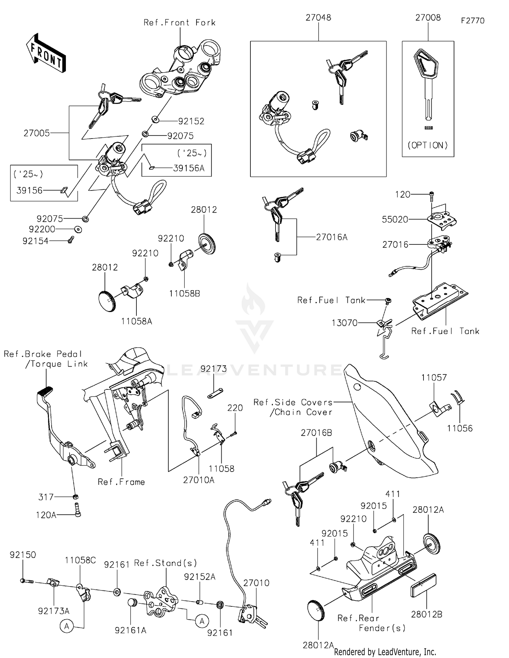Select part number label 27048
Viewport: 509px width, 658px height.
(x=318, y=18)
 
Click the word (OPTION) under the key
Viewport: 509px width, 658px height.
(x=428, y=145)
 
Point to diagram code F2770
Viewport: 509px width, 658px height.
(x=473, y=21)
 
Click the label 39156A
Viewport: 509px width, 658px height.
(x=189, y=168)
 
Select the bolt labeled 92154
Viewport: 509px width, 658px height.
(x=71, y=240)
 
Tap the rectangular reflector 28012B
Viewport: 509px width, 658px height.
(x=423, y=585)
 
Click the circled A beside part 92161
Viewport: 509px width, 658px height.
(x=202, y=621)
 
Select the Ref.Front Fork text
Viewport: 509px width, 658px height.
(x=180, y=23)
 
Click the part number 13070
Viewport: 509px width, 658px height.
(x=344, y=323)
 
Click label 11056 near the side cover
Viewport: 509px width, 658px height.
(x=460, y=428)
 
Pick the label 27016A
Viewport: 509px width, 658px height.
(x=332, y=237)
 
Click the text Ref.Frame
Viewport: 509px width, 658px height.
(x=121, y=482)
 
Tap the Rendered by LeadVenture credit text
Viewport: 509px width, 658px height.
(x=385, y=652)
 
